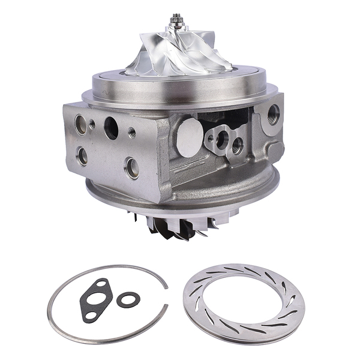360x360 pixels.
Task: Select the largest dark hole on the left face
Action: (112, 127)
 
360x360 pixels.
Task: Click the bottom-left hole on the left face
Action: (82, 156)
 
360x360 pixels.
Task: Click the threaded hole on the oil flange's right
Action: (238, 145)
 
